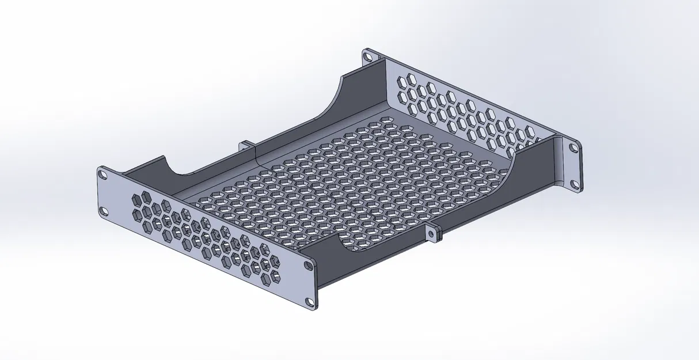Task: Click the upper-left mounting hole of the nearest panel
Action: click(102, 173)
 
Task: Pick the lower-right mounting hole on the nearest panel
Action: click(310, 301)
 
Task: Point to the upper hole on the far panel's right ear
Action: click(573, 147)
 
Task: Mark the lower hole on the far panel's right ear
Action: click(573, 184)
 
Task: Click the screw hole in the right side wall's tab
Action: click(431, 233)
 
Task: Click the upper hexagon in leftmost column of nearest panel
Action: click(137, 200)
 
